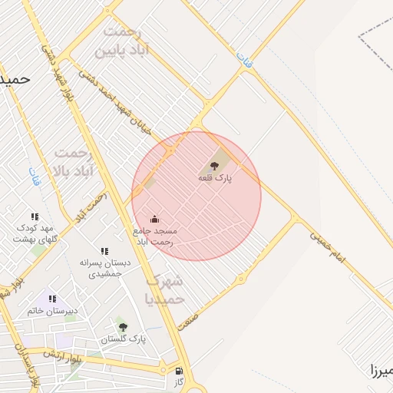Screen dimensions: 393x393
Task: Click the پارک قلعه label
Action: point(215,177)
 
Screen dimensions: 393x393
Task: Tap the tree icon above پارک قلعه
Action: point(213,166)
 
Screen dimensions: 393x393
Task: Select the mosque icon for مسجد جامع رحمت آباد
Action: point(154,220)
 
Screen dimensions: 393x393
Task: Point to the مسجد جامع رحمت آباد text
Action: point(154,236)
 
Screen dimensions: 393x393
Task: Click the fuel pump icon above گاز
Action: point(179,371)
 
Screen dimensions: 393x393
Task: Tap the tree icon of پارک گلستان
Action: point(123,327)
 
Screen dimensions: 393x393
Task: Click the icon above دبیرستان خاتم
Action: point(52,299)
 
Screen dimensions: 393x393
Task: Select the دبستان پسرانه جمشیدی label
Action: point(105,268)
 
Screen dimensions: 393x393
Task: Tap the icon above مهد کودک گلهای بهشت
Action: point(34,217)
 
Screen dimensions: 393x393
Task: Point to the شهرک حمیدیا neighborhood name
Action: point(164,289)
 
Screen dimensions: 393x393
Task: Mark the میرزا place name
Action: point(381,371)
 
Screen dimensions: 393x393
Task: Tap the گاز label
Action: point(179,382)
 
